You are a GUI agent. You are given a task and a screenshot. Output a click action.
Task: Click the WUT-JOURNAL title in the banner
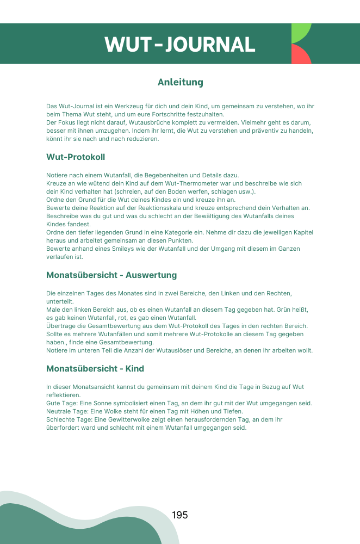click(180, 44)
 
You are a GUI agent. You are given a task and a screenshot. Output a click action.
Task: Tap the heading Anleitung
click(180, 82)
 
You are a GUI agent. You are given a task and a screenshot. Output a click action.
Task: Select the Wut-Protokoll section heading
click(76, 157)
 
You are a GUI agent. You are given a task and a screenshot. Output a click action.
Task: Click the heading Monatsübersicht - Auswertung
click(111, 275)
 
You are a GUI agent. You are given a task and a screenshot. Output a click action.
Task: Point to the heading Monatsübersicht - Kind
click(95, 369)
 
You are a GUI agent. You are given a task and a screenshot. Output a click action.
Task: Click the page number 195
click(179, 515)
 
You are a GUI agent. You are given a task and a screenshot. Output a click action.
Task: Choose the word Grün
click(281, 310)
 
